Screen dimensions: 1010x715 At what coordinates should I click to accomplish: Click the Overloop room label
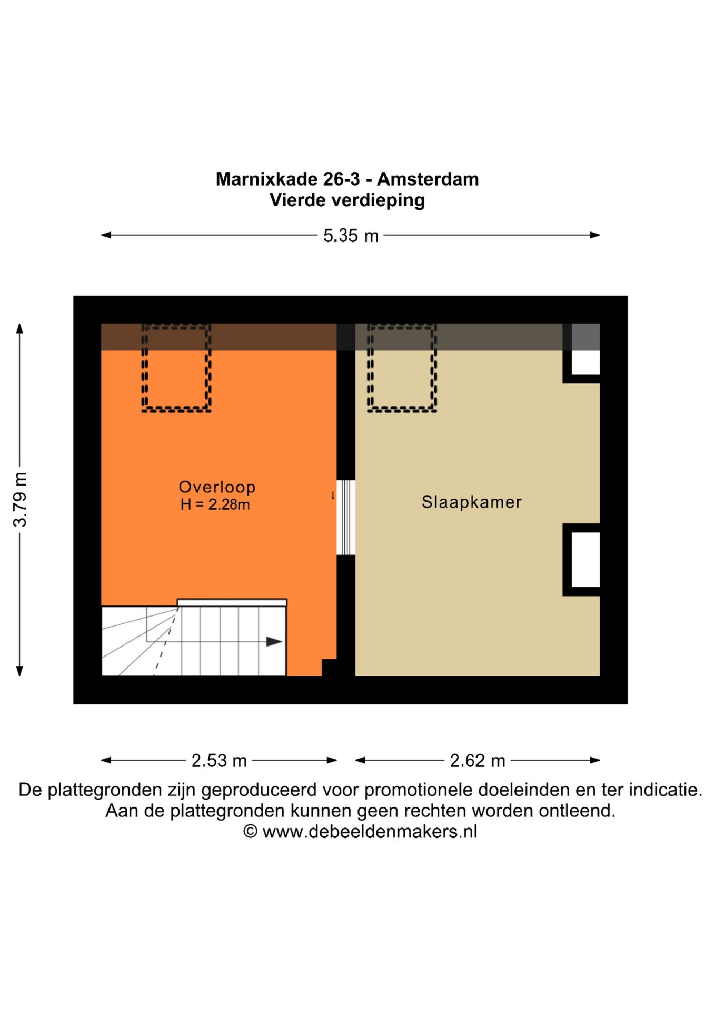pos(217,487)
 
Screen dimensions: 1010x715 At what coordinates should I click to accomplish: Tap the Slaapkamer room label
pos(471,502)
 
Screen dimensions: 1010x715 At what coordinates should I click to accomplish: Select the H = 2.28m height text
pos(215,504)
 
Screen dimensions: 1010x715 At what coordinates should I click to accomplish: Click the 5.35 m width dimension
pos(351,236)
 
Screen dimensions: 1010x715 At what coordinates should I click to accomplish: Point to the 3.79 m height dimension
pos(20,499)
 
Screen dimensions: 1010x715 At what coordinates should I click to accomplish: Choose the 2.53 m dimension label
pos(219,761)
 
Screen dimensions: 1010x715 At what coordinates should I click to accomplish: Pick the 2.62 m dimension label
pos(478,761)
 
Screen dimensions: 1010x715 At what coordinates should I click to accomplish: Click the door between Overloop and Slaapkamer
pos(346,518)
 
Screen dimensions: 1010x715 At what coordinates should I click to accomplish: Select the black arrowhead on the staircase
pos(274,642)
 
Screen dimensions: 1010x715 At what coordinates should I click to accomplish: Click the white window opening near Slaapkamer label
pos(585,560)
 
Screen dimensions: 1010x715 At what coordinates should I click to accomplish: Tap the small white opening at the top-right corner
pos(585,362)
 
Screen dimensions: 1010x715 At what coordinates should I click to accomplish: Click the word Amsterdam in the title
pos(428,179)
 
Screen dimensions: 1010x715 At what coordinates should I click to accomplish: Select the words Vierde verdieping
pos(347,200)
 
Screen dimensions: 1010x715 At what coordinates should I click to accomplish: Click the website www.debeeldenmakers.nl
pos(370,832)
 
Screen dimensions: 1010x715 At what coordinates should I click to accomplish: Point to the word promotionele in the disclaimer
pos(419,790)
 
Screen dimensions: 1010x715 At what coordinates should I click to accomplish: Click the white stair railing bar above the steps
pos(232,602)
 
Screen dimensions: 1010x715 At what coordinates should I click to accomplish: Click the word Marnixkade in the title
pos(267,179)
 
